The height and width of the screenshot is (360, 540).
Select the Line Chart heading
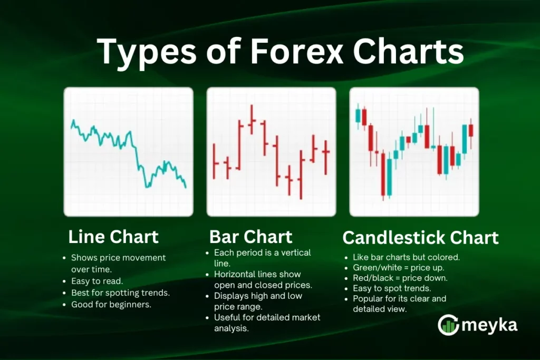[x=113, y=237]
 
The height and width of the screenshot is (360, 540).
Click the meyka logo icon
[x=448, y=325]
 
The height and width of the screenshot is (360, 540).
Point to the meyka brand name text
[x=490, y=326]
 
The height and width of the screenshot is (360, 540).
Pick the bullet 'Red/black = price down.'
[x=399, y=278]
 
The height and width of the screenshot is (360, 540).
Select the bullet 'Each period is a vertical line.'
[x=262, y=258]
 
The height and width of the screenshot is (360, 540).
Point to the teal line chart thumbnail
[x=128, y=152]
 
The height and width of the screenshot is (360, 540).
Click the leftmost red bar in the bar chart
[x=215, y=161]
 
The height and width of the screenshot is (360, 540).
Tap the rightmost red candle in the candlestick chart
[x=470, y=130]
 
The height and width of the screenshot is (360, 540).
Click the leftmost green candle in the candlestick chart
[x=359, y=115]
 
